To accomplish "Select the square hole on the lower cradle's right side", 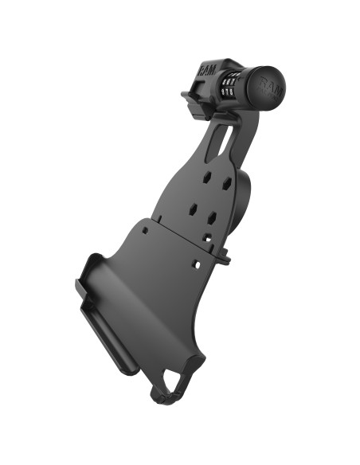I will (x=195, y=264).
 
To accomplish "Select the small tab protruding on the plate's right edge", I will (x=224, y=257).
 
